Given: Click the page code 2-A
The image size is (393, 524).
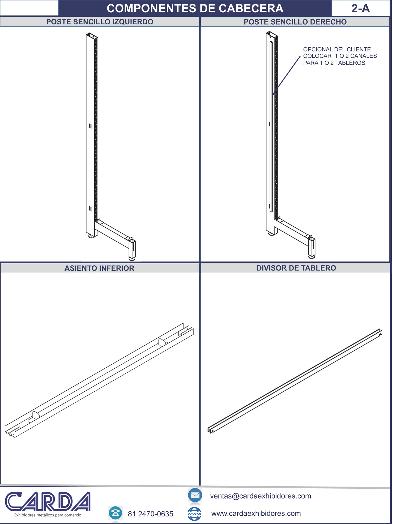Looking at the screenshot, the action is pyautogui.click(x=361, y=8).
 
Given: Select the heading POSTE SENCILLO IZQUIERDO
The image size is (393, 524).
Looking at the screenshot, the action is pyautogui.click(x=100, y=22).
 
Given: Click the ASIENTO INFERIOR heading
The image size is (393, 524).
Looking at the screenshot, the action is pyautogui.click(x=99, y=268).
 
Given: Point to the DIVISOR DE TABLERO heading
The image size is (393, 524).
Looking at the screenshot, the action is pyautogui.click(x=296, y=268).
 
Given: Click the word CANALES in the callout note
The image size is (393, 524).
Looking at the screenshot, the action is pyautogui.click(x=363, y=56).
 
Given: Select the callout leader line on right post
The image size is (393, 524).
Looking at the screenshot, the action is pyautogui.click(x=286, y=75).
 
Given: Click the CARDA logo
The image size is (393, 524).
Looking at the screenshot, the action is pyautogui.click(x=48, y=502).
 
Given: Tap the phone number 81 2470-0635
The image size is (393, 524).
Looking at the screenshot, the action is pyautogui.click(x=150, y=514).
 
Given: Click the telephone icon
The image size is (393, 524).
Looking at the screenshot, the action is pyautogui.click(x=116, y=513).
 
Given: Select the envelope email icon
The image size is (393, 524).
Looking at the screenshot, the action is pyautogui.click(x=195, y=495).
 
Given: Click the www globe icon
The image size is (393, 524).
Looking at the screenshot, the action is pyautogui.click(x=194, y=514).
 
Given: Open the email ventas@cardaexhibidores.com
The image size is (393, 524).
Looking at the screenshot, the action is pyautogui.click(x=260, y=496).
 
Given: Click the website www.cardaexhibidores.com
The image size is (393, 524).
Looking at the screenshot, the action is pyautogui.click(x=256, y=513).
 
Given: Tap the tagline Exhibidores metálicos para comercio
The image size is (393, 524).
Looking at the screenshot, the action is pyautogui.click(x=48, y=515).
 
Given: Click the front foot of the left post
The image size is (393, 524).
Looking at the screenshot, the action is pyautogui.click(x=132, y=259).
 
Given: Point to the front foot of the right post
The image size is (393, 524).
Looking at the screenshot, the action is pyautogui.click(x=312, y=257).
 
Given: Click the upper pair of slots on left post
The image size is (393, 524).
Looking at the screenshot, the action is pyautogui.click(x=90, y=126).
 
